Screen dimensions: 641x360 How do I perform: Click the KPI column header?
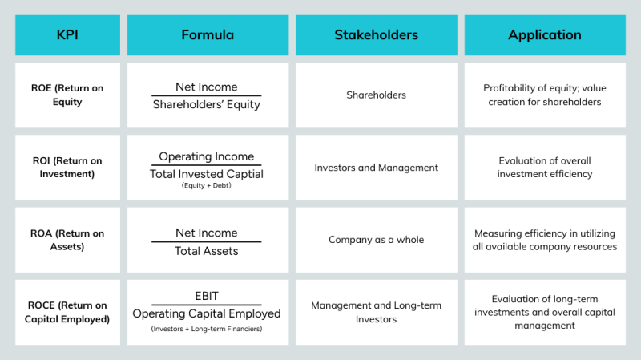67,35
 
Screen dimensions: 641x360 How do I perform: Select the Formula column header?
208,35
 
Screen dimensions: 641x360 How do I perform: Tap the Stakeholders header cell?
377,35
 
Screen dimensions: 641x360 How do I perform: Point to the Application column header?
545,35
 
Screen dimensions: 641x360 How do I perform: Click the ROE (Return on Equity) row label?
67,95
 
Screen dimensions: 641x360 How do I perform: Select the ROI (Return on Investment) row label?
67,168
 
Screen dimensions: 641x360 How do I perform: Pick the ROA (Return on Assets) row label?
67,240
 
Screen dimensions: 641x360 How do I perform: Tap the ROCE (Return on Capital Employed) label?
67,312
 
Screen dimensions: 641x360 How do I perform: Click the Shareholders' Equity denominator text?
207,105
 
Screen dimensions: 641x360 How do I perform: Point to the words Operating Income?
207,156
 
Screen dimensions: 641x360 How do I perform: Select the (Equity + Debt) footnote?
207,186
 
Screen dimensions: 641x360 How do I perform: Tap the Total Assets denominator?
207,251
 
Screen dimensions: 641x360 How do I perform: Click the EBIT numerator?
207,296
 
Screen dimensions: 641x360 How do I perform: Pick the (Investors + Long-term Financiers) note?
207,329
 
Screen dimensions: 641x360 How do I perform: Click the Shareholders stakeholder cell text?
376,95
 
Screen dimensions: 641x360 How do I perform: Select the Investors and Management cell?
376,168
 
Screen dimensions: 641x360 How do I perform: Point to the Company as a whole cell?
376,240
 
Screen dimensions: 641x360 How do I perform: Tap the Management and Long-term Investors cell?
376,312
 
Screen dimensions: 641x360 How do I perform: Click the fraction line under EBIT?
207,305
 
